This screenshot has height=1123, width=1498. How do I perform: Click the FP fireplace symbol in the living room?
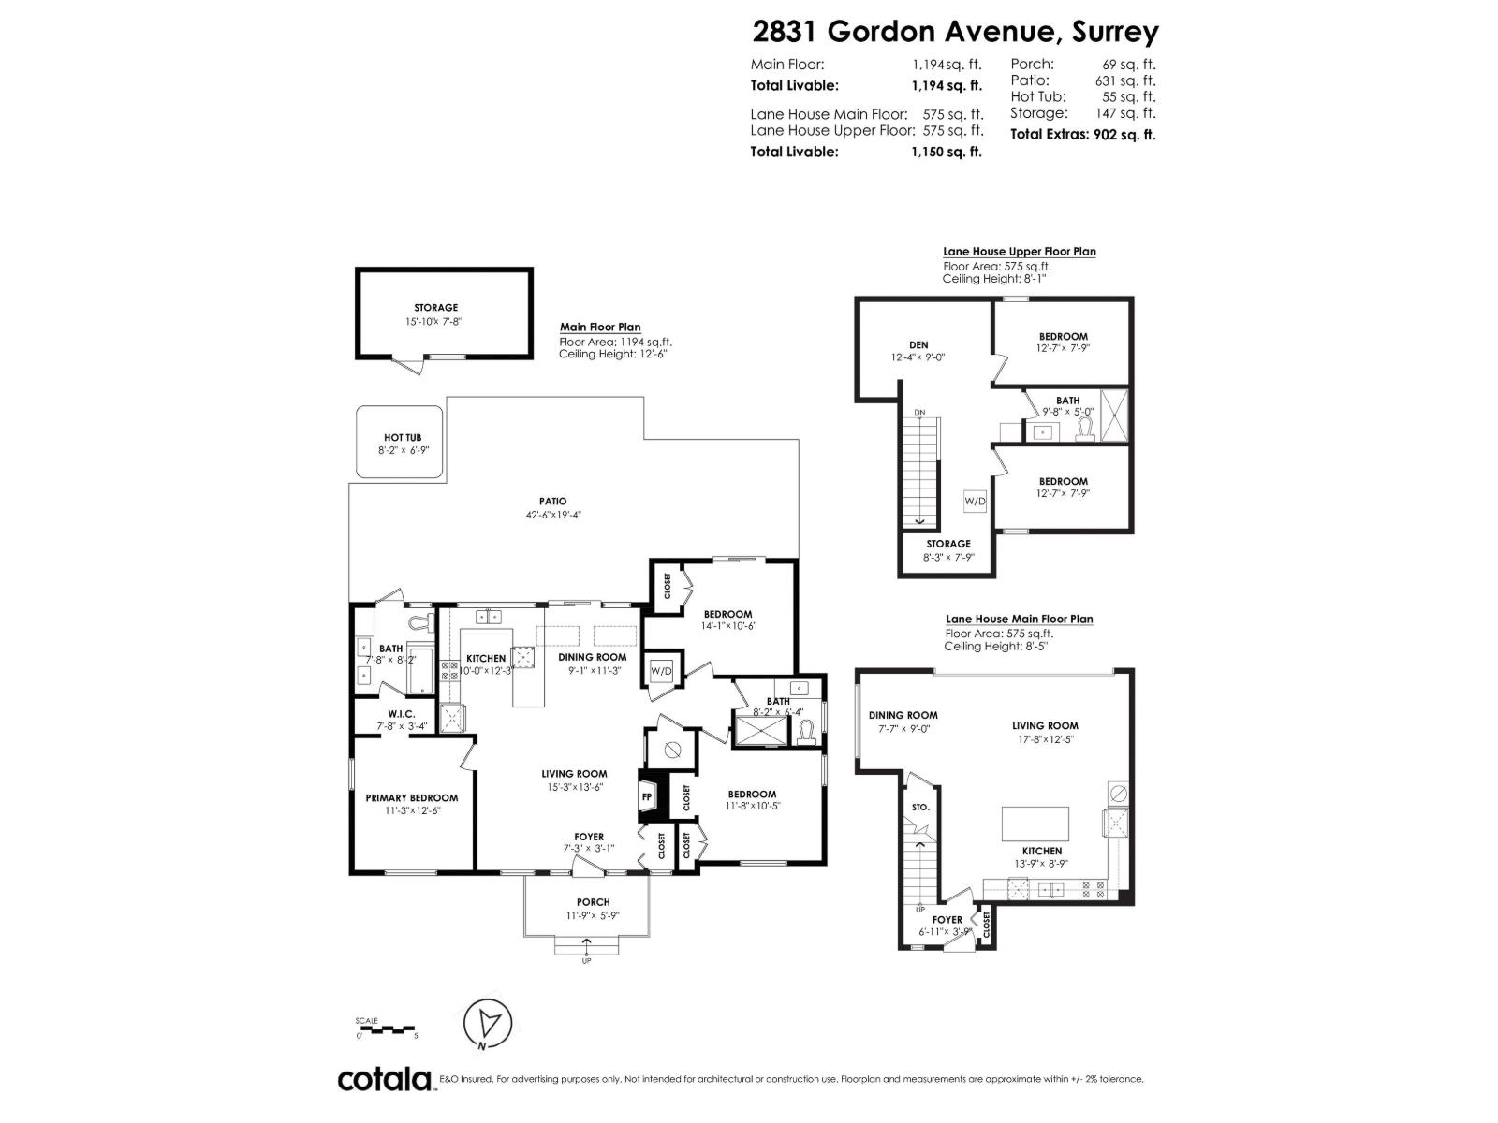coord(646,796)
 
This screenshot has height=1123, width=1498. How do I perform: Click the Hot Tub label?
coord(402,438)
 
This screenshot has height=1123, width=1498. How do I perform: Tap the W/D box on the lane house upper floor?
coord(975,502)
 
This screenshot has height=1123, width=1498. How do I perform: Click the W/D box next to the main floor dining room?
coord(661,671)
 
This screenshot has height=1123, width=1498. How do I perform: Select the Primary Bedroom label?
coord(411,798)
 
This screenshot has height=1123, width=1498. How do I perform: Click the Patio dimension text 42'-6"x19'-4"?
coord(552,515)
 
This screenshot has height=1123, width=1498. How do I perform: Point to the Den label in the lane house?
coord(918,345)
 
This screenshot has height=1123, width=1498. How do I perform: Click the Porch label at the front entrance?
coord(594,902)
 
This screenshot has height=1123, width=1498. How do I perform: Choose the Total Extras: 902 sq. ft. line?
coord(1082,134)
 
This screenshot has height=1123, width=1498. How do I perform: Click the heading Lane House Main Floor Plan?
coord(1019,619)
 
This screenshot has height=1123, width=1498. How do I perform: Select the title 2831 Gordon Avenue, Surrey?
coord(955,32)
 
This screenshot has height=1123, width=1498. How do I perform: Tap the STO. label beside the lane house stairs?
coord(920,807)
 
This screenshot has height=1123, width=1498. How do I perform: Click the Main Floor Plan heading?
coord(600,328)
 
